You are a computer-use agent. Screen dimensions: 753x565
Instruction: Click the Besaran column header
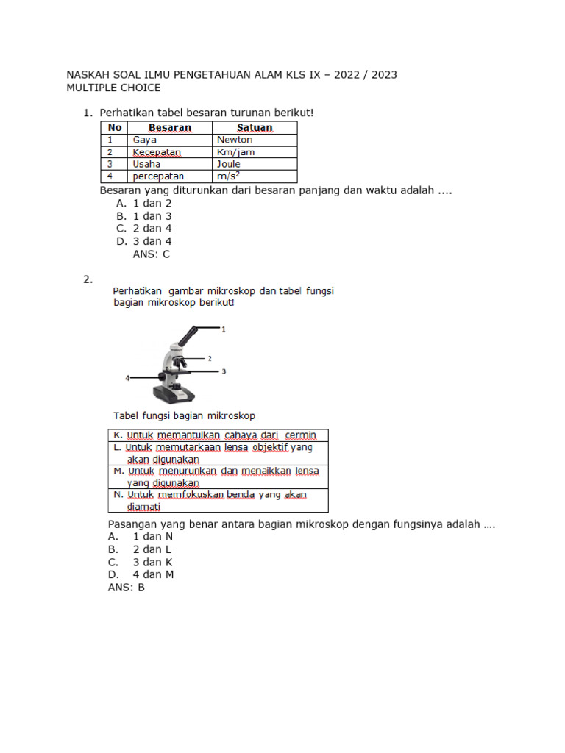[170, 127]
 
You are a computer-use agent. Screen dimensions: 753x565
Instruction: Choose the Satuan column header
[255, 127]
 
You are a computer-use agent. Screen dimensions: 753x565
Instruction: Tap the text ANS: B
[127, 588]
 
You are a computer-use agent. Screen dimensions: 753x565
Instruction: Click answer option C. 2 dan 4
[143, 229]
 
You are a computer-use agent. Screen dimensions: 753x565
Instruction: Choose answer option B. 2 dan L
[140, 549]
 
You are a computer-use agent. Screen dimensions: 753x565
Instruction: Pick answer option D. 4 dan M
[141, 574]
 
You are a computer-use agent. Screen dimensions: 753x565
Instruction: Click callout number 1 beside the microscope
[224, 329]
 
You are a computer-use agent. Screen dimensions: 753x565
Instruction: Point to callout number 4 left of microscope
[127, 378]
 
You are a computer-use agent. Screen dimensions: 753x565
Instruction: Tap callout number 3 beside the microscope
[224, 371]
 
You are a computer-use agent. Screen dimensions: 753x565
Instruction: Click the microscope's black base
[177, 395]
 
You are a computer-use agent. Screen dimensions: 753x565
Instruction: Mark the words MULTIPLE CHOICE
[113, 88]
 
